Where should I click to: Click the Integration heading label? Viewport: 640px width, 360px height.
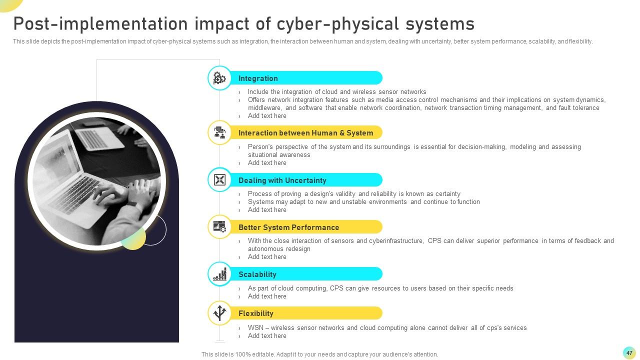[258, 78]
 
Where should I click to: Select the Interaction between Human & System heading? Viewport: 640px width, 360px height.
[305, 133]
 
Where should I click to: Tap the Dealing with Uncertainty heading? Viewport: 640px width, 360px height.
[282, 180]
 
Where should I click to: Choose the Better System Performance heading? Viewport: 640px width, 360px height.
[288, 227]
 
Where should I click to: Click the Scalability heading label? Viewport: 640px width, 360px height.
[257, 274]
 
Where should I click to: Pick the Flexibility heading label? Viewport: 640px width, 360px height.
[255, 313]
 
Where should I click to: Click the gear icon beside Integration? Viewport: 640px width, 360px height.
[219, 78]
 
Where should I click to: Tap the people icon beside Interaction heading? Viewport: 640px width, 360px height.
[219, 132]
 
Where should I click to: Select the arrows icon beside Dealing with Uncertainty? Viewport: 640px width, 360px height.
[219, 180]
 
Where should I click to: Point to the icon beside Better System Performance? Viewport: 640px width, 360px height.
[219, 227]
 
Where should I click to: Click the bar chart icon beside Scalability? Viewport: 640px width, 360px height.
[219, 274]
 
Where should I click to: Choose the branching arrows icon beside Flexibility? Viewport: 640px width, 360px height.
[219, 313]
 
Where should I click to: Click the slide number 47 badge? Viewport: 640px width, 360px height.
[629, 353]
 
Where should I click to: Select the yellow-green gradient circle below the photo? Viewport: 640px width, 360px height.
[133, 237]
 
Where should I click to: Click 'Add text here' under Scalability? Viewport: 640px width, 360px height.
[267, 296]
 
